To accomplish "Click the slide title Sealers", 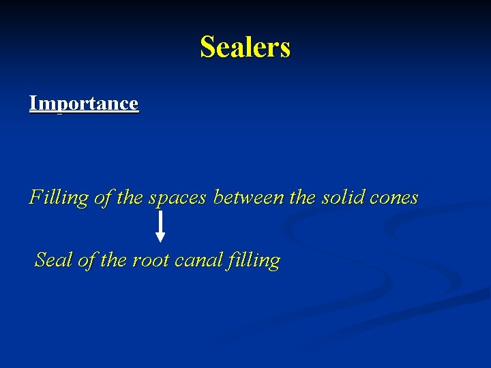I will click(245, 48).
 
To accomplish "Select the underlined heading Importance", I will click(83, 104).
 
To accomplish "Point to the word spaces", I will click(177, 198).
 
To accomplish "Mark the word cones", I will click(393, 198).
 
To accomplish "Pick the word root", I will click(151, 260).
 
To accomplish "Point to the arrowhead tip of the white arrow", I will click(160, 241).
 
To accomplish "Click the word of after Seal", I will click(85, 260).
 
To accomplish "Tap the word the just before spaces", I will click(130, 198).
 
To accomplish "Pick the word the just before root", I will click(113, 260).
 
